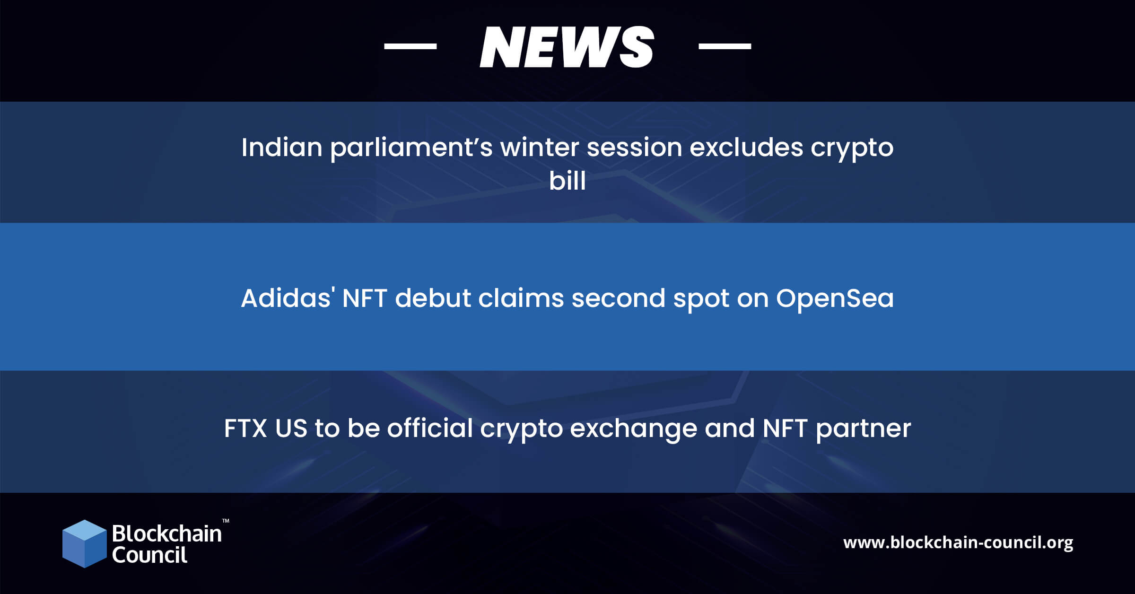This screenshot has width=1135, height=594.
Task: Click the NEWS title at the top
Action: [567, 46]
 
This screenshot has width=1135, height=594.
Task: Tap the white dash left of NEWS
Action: [410, 46]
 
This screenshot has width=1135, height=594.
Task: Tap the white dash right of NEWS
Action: [725, 46]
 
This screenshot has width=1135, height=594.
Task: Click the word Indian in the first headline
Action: [282, 147]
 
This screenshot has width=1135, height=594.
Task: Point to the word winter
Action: [540, 147]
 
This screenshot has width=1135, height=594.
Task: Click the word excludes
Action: [746, 147]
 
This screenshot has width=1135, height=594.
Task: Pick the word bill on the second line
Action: [567, 181]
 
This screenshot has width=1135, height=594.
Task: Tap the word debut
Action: [433, 298]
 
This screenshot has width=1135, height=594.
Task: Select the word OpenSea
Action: [835, 298]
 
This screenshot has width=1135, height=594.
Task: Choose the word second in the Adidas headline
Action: [619, 298]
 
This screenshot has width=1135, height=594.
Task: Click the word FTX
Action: [246, 428]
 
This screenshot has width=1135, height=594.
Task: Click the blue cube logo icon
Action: [85, 544]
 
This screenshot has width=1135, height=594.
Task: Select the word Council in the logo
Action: [149, 555]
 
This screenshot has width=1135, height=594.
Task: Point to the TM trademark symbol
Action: [226, 521]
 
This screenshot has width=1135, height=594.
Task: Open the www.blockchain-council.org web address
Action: [958, 542]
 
